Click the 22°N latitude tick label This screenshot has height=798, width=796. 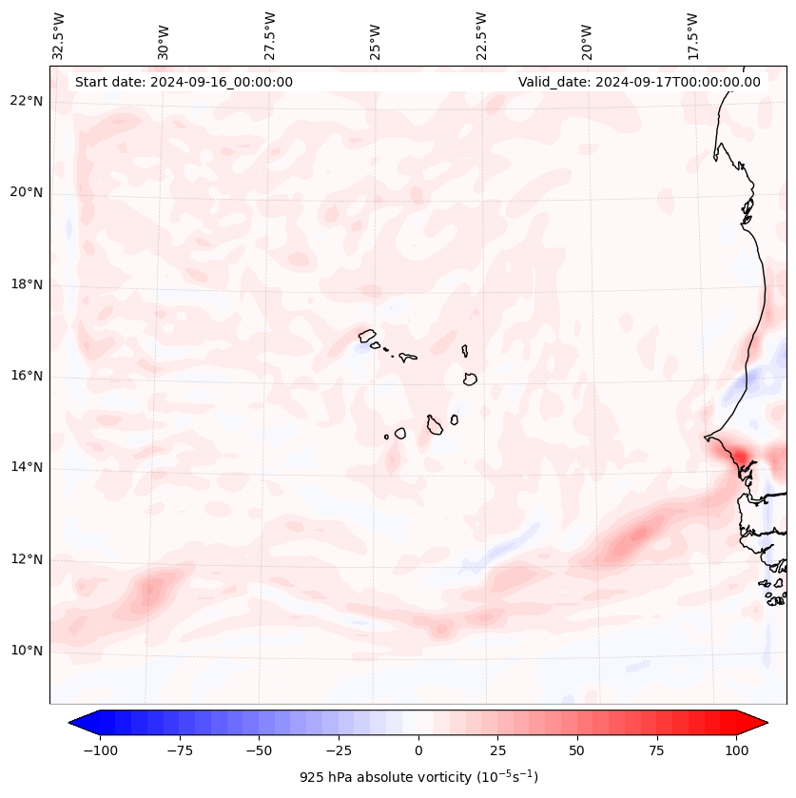tap(27, 102)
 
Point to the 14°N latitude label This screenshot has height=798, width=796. tap(27, 467)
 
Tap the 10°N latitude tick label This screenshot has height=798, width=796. tap(27, 651)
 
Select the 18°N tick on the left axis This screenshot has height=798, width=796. tap(27, 284)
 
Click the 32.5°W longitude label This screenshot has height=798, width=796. tap(60, 36)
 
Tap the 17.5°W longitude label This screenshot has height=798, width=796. tap(692, 36)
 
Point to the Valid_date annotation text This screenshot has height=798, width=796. tap(639, 82)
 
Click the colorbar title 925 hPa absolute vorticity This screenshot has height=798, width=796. tap(418, 777)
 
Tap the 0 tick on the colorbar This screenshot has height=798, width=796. tap(418, 750)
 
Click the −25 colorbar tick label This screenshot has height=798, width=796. tap(339, 750)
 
